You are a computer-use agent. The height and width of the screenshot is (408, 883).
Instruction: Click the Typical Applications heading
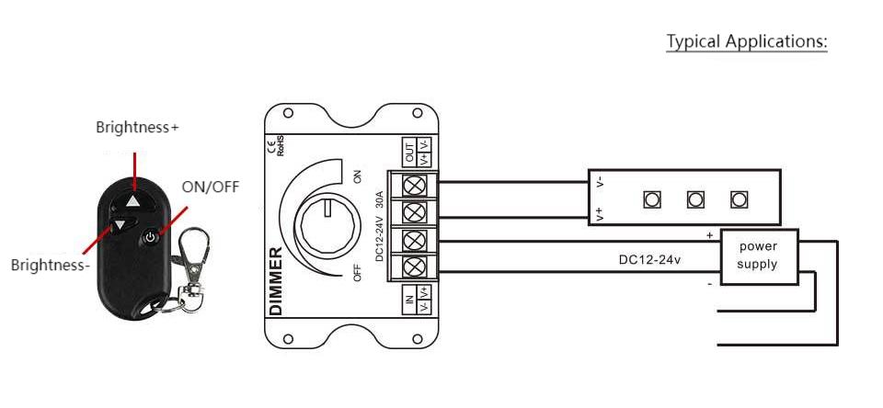[747, 41]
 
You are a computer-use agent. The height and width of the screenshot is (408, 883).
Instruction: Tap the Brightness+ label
[137, 127]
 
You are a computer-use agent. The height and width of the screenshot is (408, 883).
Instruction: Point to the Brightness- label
[51, 265]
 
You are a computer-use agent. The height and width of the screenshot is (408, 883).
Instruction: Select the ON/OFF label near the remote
[210, 187]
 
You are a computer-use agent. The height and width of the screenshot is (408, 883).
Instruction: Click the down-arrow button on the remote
[120, 226]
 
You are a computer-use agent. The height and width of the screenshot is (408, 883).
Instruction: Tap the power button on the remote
[150, 237]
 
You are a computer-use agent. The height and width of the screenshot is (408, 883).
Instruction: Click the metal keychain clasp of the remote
[190, 265]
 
